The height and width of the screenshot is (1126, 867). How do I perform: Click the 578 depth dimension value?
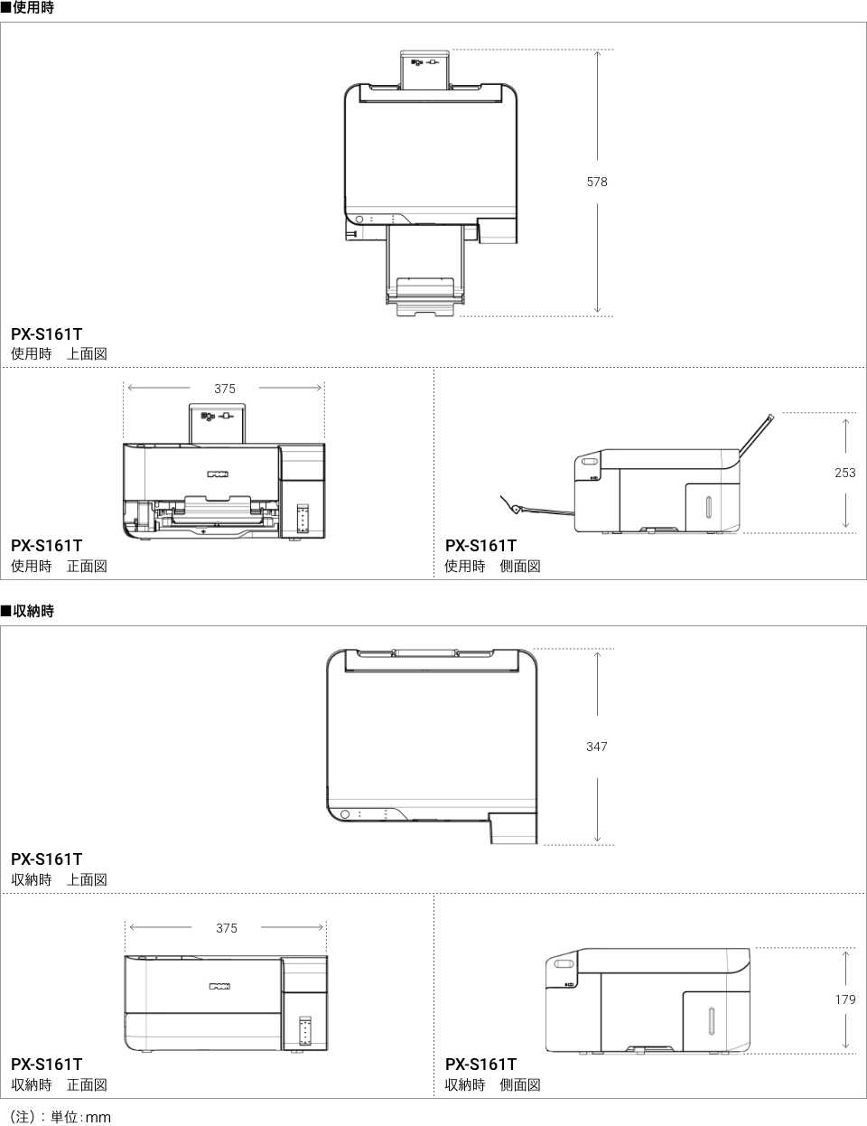(x=597, y=182)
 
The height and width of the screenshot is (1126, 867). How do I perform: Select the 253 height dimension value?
(x=844, y=473)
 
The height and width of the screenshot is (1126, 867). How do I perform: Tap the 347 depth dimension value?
(x=597, y=746)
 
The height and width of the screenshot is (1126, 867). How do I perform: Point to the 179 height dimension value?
(x=844, y=999)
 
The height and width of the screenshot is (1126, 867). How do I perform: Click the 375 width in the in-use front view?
(x=225, y=389)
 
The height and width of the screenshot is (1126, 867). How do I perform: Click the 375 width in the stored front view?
(x=227, y=928)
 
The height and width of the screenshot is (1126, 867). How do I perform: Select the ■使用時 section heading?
(x=27, y=7)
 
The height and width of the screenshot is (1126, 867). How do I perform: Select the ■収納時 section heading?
(x=27, y=611)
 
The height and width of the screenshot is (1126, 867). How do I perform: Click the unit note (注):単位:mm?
(x=60, y=1117)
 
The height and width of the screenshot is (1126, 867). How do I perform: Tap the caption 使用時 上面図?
(x=59, y=354)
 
